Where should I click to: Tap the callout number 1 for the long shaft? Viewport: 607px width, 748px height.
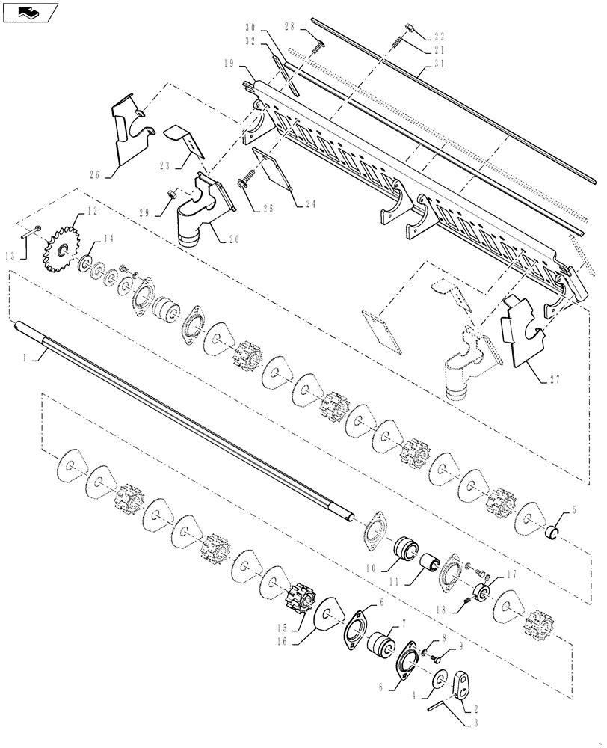25,359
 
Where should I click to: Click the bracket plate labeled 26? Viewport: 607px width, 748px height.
124,135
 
